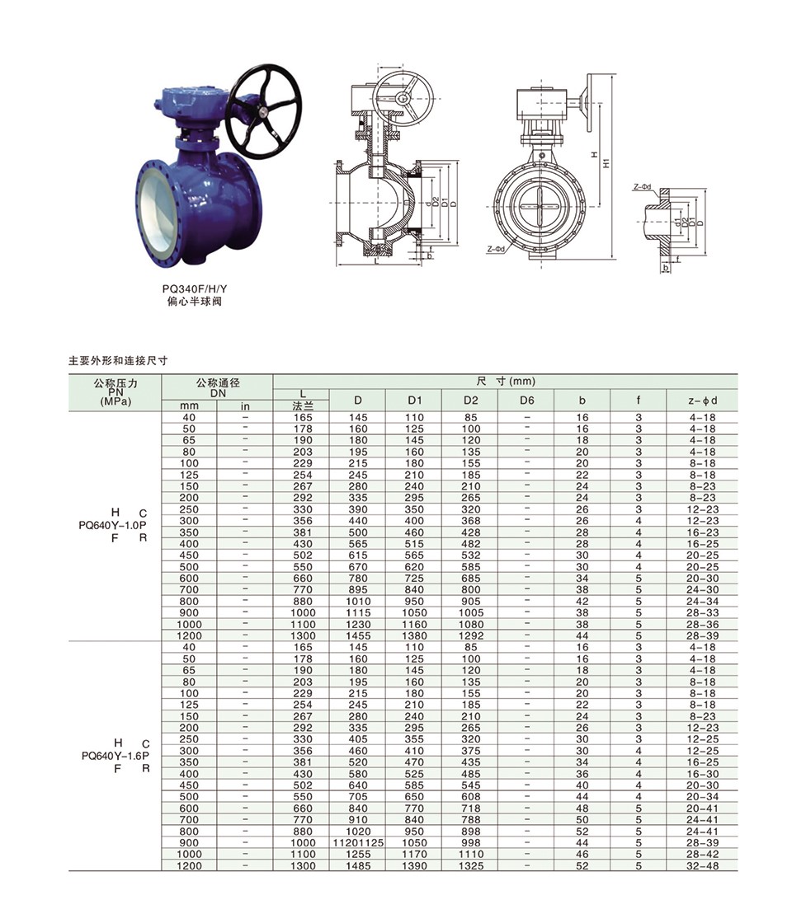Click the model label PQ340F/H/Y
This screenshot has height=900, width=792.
click(195, 289)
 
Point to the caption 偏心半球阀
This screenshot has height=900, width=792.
click(195, 302)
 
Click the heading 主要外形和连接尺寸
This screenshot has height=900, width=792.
click(118, 361)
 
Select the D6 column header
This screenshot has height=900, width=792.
click(526, 400)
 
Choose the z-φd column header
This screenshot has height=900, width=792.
click(702, 400)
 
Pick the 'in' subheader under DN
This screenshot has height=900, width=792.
click(245, 406)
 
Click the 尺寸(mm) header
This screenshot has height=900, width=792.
click(506, 381)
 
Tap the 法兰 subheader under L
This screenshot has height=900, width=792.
click(302, 406)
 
